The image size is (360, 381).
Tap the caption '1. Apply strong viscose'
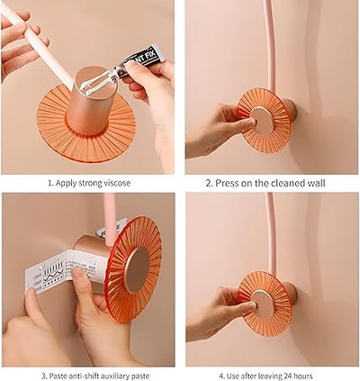point(89,183)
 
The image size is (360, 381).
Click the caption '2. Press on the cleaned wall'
point(266,183)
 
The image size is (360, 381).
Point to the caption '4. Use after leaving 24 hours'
point(266,373)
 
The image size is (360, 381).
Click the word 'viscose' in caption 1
point(115,183)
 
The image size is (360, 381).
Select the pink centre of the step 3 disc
point(137,268)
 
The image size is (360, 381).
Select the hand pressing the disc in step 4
point(216,315)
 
